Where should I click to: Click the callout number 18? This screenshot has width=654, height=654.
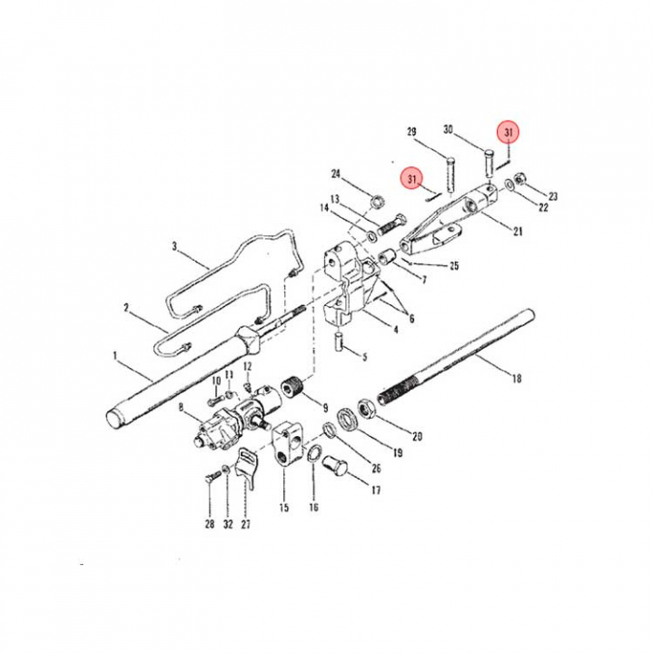516,378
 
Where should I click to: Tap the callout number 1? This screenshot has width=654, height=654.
115,356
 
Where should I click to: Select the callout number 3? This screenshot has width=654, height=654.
174,246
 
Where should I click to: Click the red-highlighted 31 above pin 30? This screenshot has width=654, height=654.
509,133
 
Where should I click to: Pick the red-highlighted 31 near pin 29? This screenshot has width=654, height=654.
412,179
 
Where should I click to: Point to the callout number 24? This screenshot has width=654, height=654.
336,173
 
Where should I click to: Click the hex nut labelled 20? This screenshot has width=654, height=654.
368,409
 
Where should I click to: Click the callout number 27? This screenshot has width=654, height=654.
245,524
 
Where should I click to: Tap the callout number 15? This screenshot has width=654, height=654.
284,507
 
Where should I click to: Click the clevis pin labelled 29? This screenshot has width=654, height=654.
450,173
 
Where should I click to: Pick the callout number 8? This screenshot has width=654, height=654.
181,407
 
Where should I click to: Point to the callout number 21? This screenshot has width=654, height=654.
518,231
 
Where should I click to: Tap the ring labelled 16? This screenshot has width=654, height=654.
312,454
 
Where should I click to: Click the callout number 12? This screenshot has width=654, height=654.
247,366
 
